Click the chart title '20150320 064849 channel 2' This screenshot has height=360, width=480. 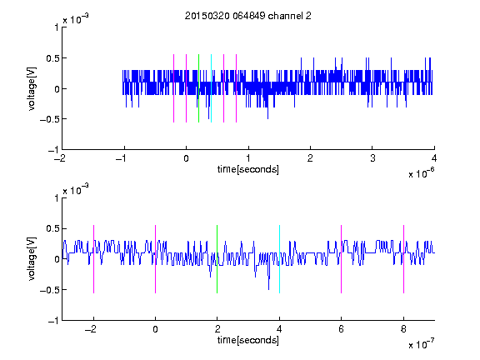click(248, 16)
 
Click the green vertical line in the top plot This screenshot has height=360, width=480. click(198, 88)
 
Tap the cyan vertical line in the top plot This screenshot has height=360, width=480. click(211, 88)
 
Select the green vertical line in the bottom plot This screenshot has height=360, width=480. click(217, 259)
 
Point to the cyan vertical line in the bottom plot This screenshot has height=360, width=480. click(279, 259)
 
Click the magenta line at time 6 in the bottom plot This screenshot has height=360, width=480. click(342, 259)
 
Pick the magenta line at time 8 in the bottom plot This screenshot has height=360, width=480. click(404, 259)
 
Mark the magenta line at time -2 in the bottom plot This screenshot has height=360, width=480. click(93, 259)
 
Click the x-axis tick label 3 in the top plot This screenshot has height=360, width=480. click(372, 158)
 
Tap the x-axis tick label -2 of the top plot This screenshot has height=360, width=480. click(60, 158)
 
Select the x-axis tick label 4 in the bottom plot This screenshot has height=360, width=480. click(279, 329)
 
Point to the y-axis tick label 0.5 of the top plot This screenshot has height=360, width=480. click(52, 58)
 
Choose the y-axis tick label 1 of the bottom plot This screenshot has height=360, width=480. click(57, 198)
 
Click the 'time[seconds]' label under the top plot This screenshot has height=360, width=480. click(248, 169)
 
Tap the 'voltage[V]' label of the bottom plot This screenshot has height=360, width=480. click(32, 259)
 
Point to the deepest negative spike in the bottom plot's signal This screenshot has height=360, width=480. click(269, 289)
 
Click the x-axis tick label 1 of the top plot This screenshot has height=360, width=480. click(248, 158)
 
